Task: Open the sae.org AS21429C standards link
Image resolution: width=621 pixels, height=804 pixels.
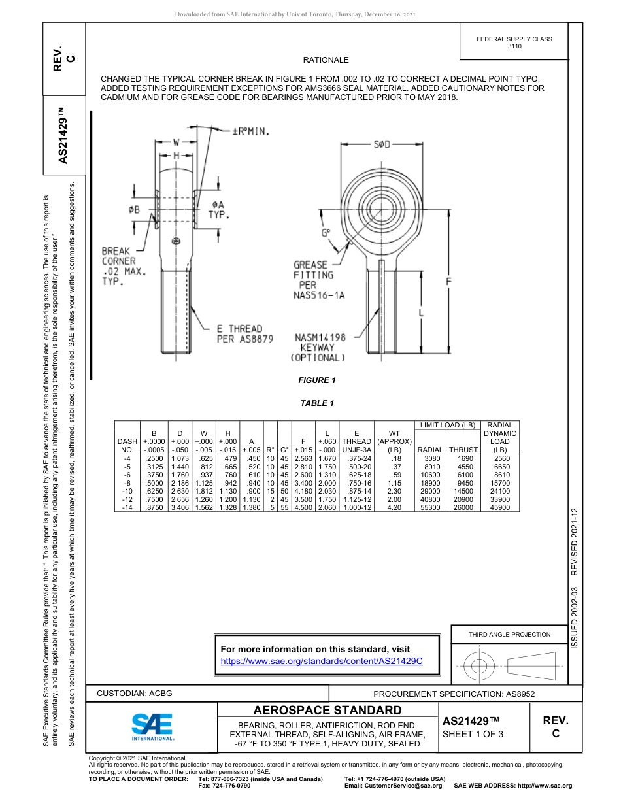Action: pyautogui.click(x=322, y=662)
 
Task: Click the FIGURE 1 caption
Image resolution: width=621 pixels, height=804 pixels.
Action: pyautogui.click(x=316, y=380)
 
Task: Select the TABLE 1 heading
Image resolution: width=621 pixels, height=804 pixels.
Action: pyautogui.click(x=317, y=403)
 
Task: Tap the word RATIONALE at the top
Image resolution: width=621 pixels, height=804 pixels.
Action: pyautogui.click(x=326, y=60)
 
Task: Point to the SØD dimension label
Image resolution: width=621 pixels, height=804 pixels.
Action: pyautogui.click(x=382, y=144)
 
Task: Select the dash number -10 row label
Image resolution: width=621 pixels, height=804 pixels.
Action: pyautogui.click(x=127, y=491)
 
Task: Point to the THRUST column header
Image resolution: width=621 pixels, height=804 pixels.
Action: pyautogui.click(x=463, y=450)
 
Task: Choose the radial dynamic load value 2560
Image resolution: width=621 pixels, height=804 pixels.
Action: pyautogui.click(x=500, y=459)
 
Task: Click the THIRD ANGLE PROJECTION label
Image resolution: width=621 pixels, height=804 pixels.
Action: pyautogui.click(x=509, y=634)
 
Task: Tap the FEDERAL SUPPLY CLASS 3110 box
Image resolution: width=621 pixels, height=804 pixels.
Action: pyautogui.click(x=514, y=42)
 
